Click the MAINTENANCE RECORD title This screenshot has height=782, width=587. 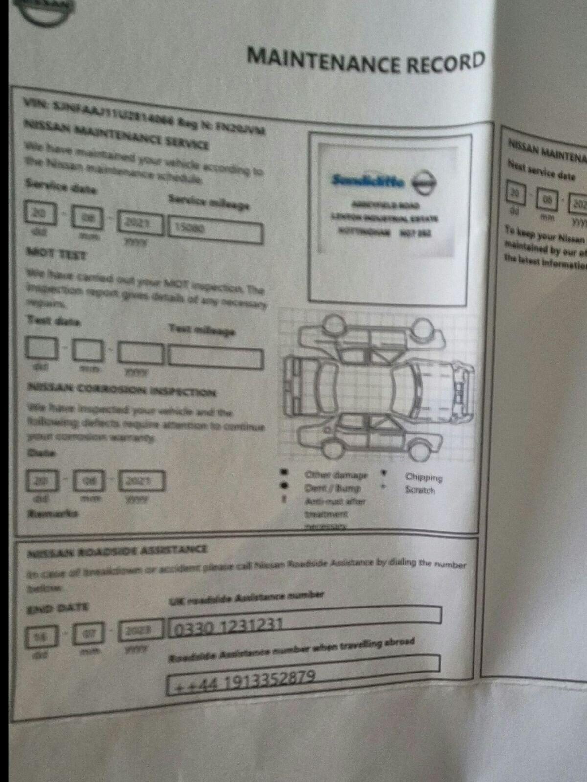[x=366, y=61]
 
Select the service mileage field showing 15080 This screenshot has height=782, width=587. [x=215, y=231]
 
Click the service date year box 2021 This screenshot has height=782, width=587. [x=141, y=225]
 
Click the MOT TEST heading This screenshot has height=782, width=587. [x=56, y=254]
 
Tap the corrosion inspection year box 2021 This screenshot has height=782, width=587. [x=142, y=481]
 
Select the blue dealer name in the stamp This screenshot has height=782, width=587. [x=368, y=181]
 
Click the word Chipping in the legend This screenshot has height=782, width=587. [x=424, y=478]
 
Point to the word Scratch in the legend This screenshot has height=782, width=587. [x=420, y=490]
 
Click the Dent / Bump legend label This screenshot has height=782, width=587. [x=332, y=488]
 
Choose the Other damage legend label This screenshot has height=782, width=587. [x=336, y=475]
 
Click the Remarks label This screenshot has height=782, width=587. [x=53, y=514]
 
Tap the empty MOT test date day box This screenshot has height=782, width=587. [x=42, y=348]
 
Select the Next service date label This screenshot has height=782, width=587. [x=541, y=171]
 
